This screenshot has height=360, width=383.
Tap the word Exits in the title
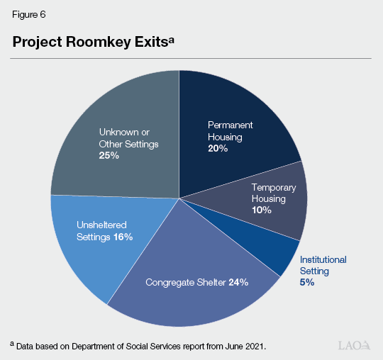click(145, 42)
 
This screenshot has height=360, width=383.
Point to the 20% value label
click(217, 149)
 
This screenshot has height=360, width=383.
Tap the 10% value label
click(262, 210)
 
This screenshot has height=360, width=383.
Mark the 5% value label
click(306, 281)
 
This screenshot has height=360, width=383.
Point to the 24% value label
click(238, 283)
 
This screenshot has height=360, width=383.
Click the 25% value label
click(109, 155)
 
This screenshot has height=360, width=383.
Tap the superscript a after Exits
click(170, 38)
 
